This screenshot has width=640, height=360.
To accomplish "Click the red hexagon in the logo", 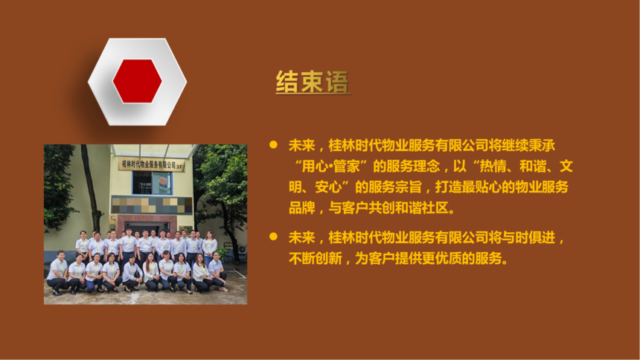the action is coord(137,81).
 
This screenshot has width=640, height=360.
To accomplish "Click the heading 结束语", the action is coord(313,82).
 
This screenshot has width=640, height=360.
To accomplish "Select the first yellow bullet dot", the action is coord(273,144).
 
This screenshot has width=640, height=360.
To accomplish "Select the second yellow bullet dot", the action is coord(273,237).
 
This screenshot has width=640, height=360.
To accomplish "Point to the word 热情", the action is coord(493,166).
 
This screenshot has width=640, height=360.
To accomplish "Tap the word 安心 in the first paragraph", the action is coord(328,187).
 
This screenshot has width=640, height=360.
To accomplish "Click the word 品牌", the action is coord(302,208).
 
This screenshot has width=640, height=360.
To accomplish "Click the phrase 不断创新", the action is coord(315,258).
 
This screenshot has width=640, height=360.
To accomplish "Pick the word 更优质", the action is coord(441,258).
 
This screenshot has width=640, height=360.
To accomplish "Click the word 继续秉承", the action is coord(528,145).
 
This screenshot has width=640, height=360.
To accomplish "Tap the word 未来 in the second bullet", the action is coord(302,237).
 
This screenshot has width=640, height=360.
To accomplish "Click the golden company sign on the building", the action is coord(151,164).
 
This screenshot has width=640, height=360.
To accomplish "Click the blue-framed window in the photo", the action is coord(152,182).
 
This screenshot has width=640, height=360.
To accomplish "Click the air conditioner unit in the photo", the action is coord(243,249).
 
